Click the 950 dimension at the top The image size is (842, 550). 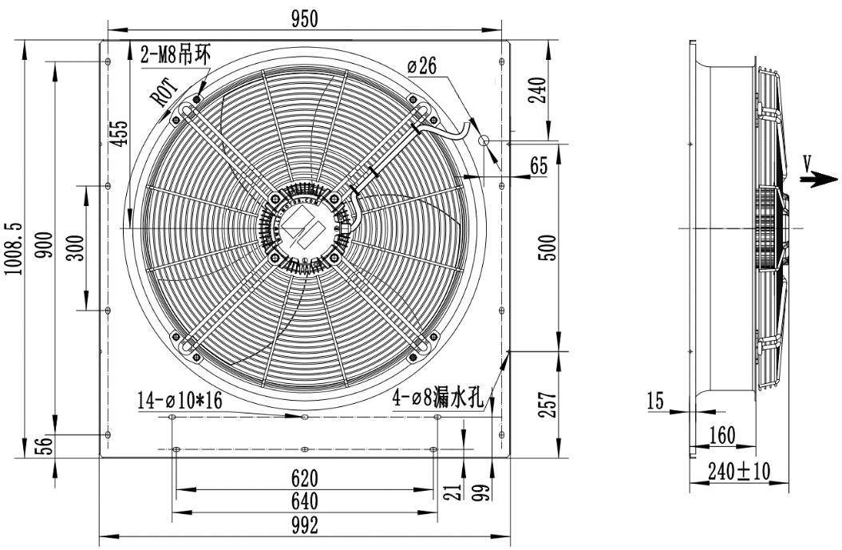305,19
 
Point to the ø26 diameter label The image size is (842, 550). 421,66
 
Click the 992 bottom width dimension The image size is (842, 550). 305,525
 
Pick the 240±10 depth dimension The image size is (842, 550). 739,471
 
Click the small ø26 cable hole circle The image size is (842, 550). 484,140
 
